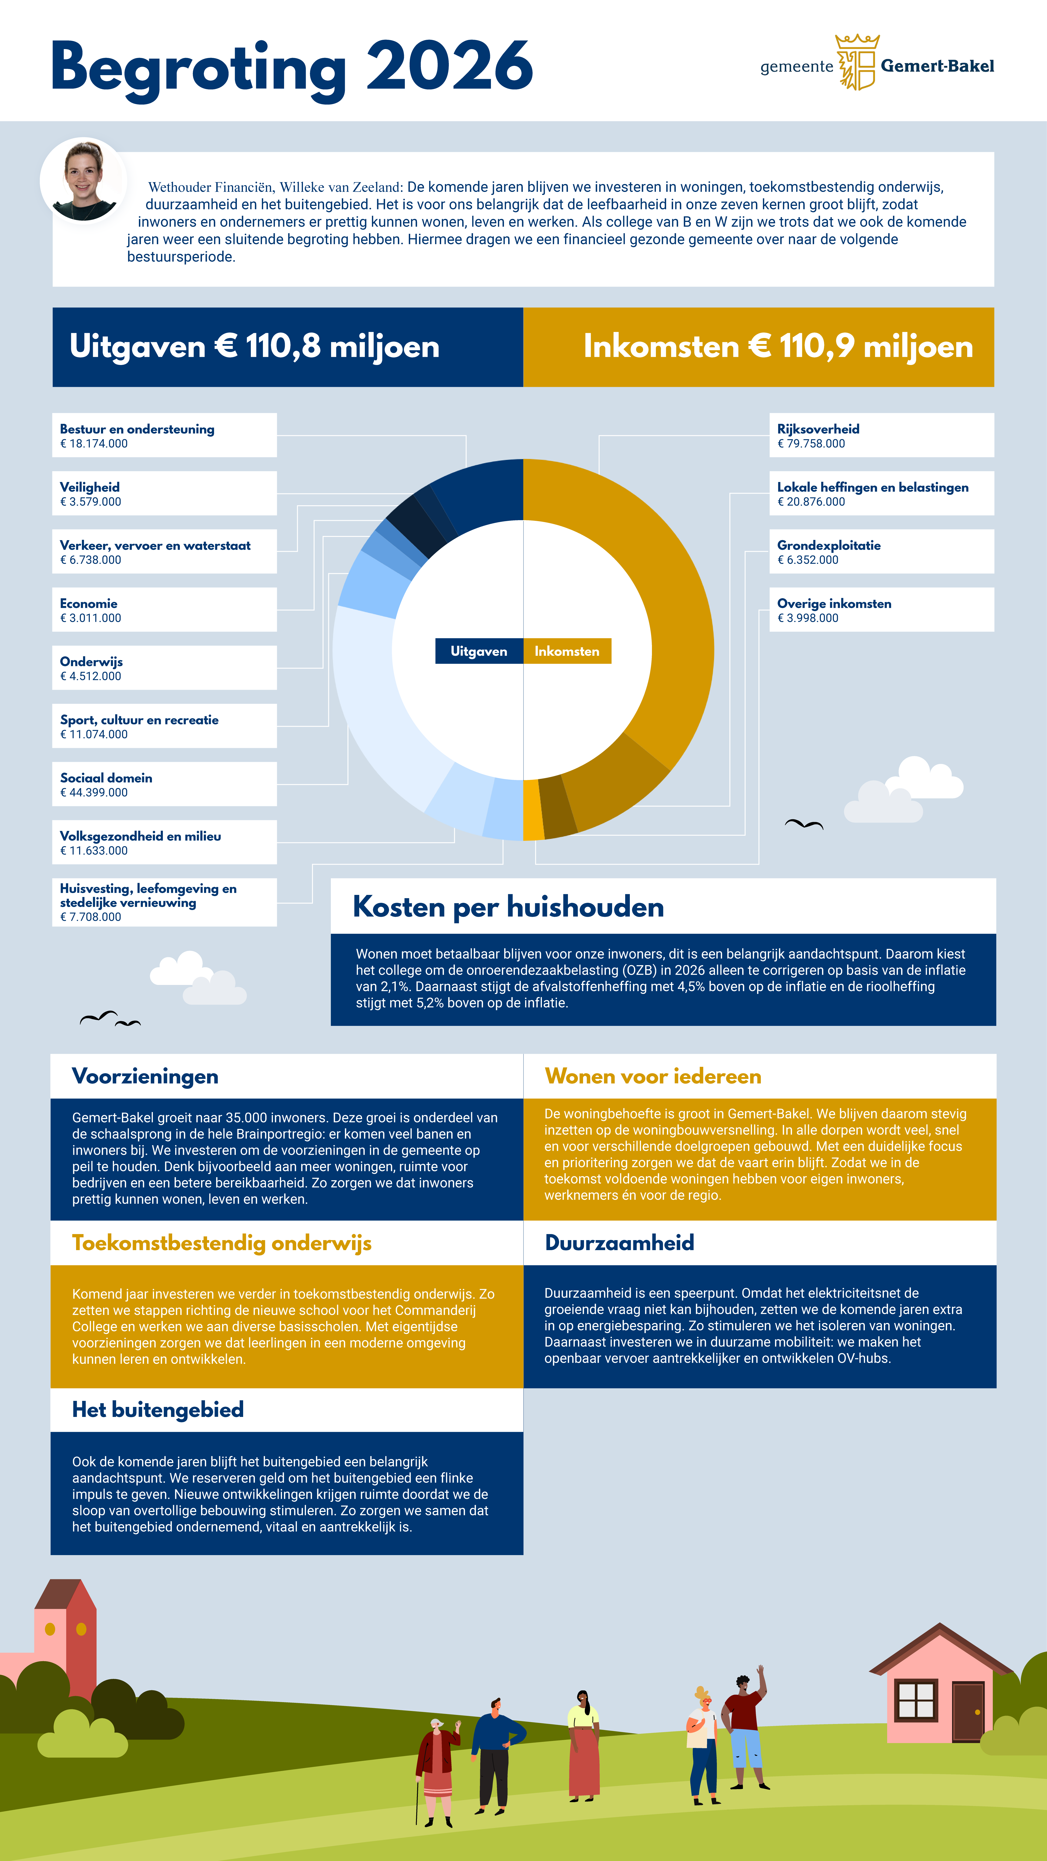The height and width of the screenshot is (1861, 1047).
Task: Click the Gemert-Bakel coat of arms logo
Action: tap(857, 63)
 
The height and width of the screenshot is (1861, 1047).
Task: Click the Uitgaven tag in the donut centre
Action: tap(478, 651)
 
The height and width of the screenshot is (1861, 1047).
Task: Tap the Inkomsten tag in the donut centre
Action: tap(567, 651)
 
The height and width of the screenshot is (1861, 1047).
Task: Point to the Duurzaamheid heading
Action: tap(619, 1243)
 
